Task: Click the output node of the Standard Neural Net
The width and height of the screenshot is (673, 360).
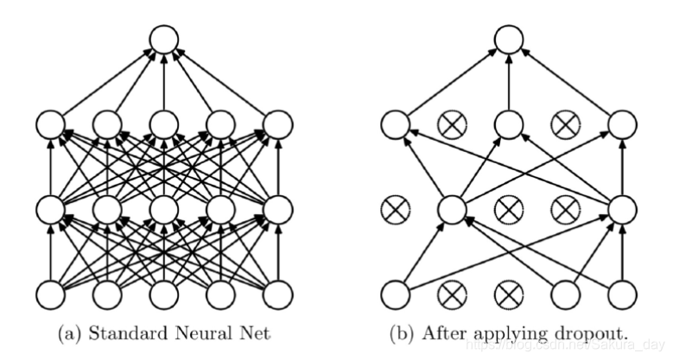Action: click(x=162, y=40)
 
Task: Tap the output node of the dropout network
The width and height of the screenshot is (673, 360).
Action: click(x=508, y=40)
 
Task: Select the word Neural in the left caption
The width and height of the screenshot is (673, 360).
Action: click(x=187, y=332)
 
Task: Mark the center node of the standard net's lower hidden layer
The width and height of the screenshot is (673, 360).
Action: click(x=162, y=209)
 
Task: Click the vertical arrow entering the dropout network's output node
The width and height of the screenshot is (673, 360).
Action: click(x=508, y=83)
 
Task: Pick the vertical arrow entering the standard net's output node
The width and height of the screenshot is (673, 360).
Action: click(x=162, y=83)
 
